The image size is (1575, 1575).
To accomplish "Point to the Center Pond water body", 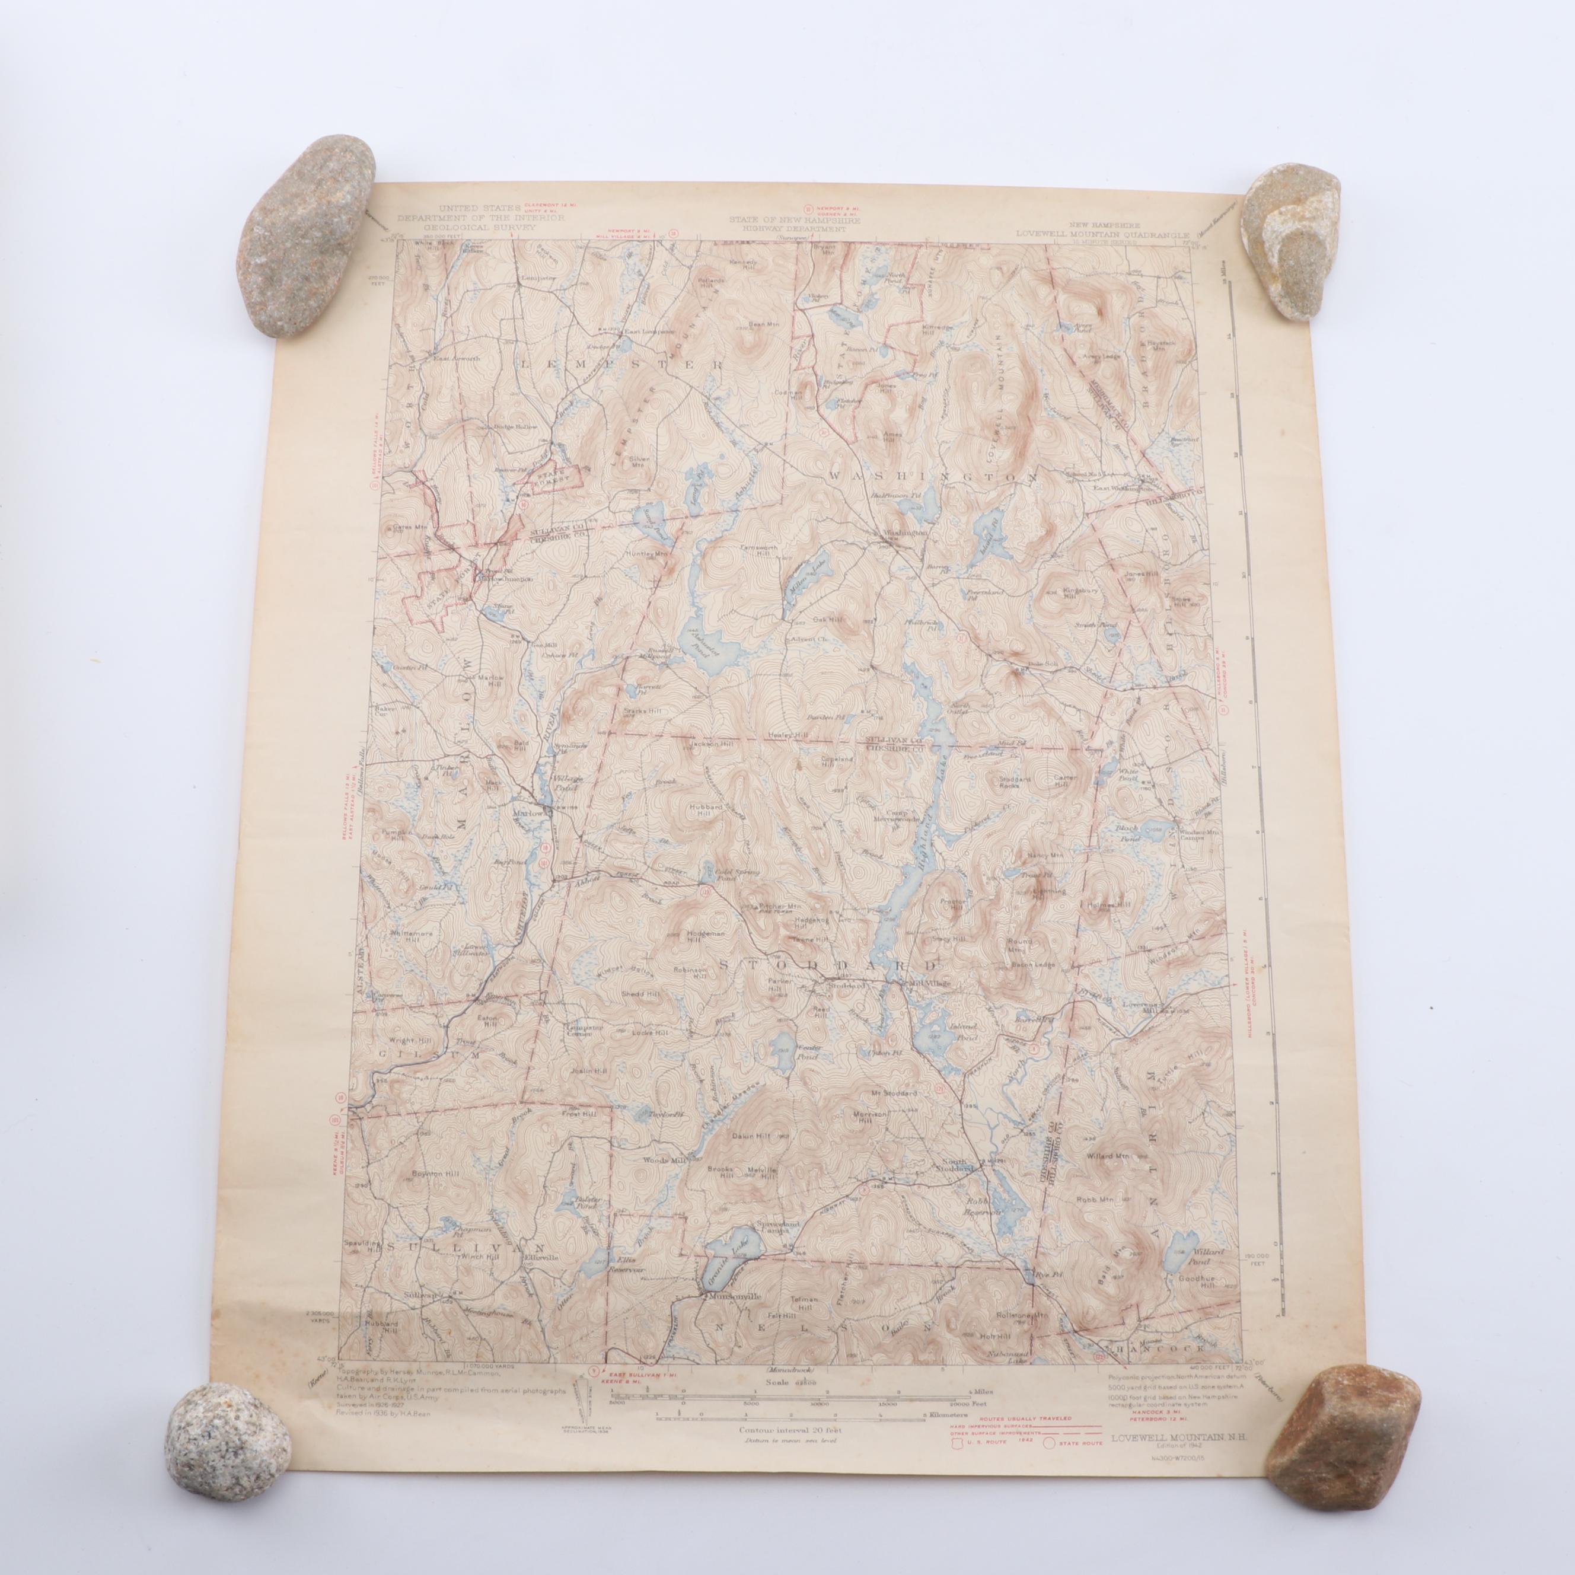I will (x=783, y=1044).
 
